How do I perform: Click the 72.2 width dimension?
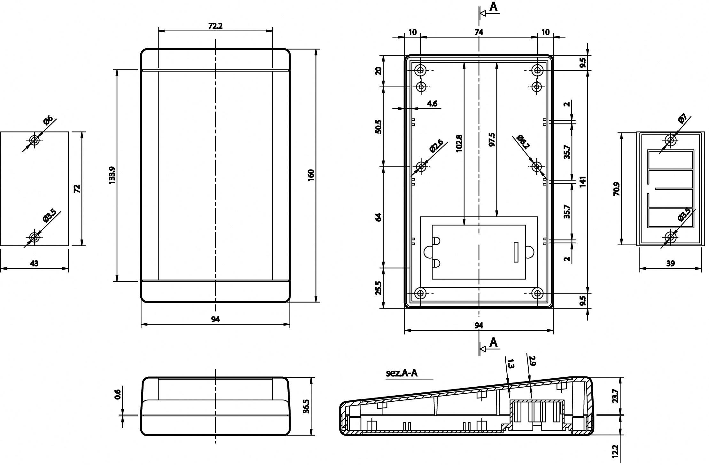[x=215, y=26]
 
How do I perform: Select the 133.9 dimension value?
[x=112, y=175]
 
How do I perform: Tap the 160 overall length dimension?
[x=311, y=175]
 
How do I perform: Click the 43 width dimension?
[x=34, y=263]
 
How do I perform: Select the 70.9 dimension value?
[x=617, y=189]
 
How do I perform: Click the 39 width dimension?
[x=670, y=263]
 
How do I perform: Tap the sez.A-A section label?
[x=402, y=373]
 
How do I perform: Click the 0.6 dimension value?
[x=118, y=394]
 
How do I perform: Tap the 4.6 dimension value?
[x=432, y=103]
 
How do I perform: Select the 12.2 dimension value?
[x=616, y=452]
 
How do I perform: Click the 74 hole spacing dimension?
[x=479, y=32]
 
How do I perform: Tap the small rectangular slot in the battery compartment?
[x=516, y=252]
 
